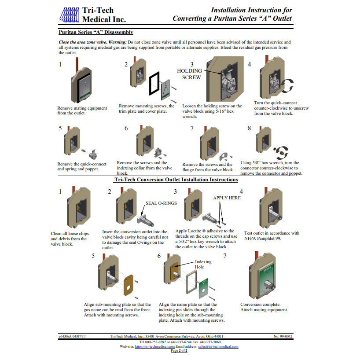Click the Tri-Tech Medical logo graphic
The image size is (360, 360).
pyautogui.click(x=69, y=15)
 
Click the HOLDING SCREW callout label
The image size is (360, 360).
pyautogui.click(x=189, y=74)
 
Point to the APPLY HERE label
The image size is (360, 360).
pyautogui.click(x=227, y=198)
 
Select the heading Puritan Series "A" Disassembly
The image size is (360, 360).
pyautogui.click(x=96, y=33)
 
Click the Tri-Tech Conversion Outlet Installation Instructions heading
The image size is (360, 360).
pyautogui.click(x=176, y=180)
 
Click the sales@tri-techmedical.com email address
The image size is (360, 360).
pyautogui.click(x=218, y=346)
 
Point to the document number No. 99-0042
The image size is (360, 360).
pyautogui.click(x=283, y=336)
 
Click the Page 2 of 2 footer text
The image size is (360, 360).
pyautogui.click(x=179, y=351)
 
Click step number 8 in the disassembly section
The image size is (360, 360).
pyautogui.click(x=249, y=128)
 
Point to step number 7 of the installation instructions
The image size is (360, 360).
pyautogui.click(x=225, y=255)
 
